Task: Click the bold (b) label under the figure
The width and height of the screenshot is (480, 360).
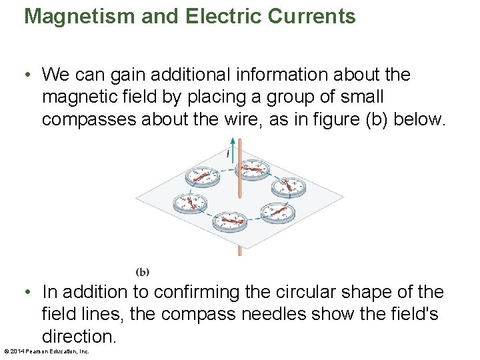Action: click(143, 271)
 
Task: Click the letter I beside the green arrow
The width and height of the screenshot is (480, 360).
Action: click(227, 155)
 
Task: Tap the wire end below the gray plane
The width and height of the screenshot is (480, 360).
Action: click(239, 251)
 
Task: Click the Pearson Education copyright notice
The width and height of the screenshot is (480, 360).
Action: click(47, 351)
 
